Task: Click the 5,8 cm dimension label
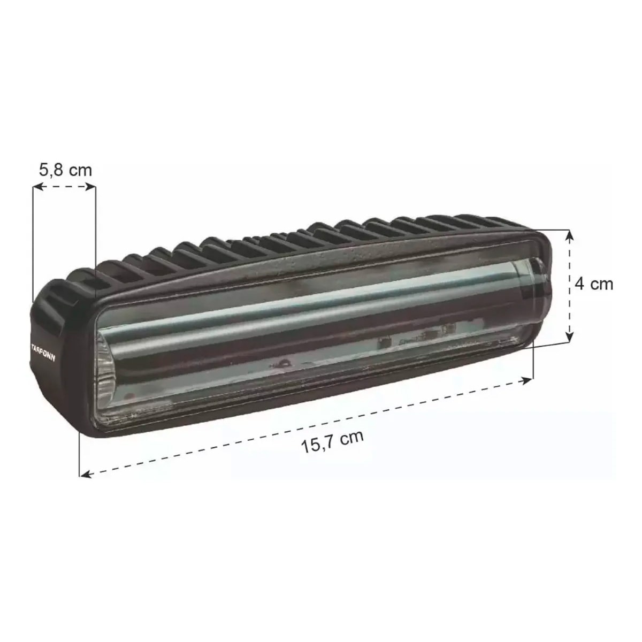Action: click(65, 170)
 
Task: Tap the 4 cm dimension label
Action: click(594, 284)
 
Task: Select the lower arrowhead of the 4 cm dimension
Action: click(570, 337)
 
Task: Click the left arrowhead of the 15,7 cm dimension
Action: click(86, 474)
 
